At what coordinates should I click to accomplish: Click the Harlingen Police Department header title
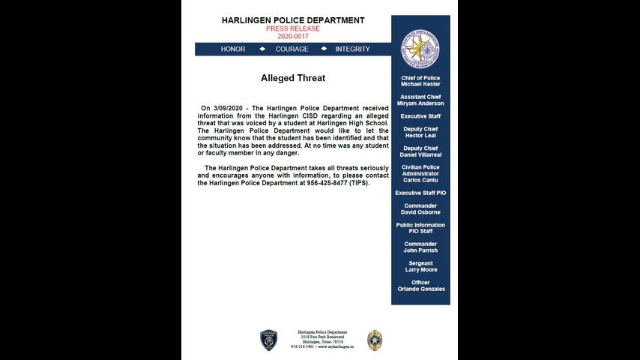point(293,20)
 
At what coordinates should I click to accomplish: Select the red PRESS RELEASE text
point(293,28)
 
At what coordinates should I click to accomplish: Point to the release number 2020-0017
point(293,36)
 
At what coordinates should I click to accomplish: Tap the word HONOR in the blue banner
point(233,49)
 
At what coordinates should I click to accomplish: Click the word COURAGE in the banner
point(292,49)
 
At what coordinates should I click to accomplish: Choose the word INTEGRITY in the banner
point(352,49)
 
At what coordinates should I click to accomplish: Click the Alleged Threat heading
point(293,78)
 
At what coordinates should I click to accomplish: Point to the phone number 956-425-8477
point(331,183)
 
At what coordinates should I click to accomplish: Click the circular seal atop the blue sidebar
point(420,49)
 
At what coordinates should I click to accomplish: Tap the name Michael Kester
point(420,84)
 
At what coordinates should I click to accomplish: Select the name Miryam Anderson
point(420,103)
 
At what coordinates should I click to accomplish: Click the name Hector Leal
point(420,136)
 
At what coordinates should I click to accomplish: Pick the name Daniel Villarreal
point(420,154)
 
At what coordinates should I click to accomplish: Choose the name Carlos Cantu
point(420,180)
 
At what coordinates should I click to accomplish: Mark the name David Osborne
point(420,212)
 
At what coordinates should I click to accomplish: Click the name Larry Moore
point(420,269)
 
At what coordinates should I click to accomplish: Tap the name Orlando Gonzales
point(421,289)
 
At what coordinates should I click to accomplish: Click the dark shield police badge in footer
point(268,340)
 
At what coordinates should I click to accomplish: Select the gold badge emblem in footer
point(374,340)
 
